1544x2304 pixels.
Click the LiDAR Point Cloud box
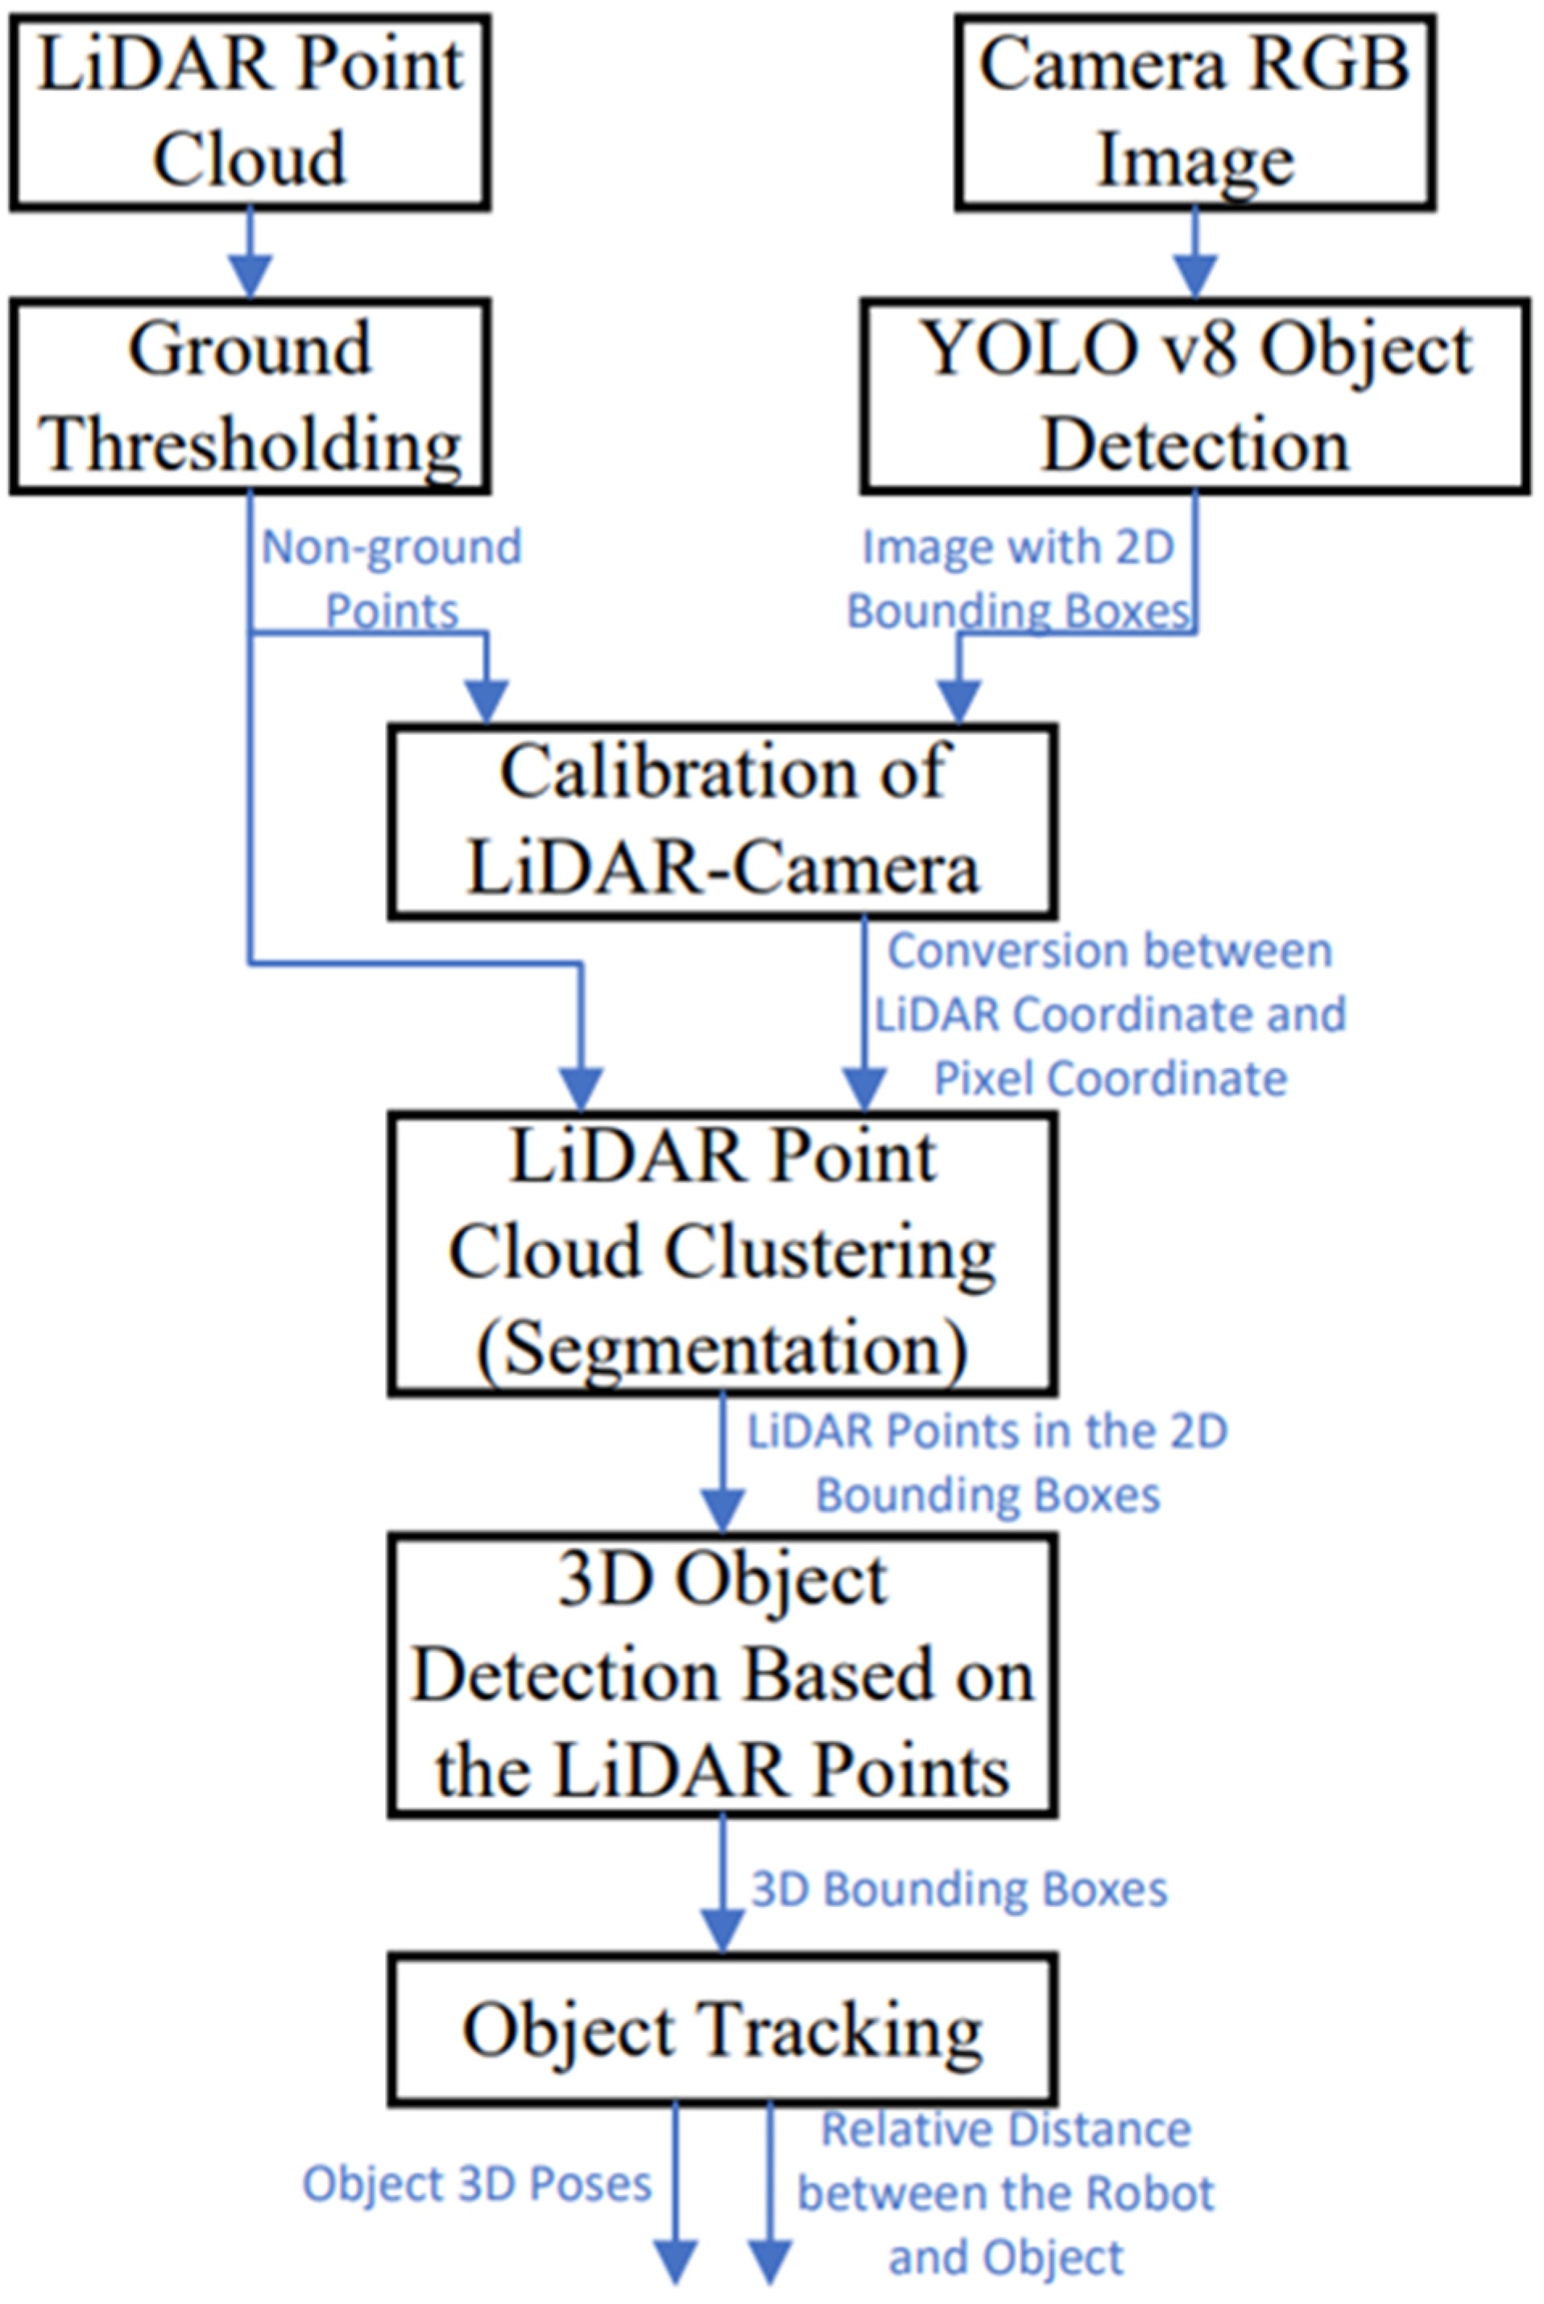click(250, 111)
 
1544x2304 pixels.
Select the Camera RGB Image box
click(1194, 111)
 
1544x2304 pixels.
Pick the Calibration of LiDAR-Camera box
click(722, 821)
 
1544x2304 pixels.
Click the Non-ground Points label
click(391, 579)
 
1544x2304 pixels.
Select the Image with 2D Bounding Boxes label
click(1019, 579)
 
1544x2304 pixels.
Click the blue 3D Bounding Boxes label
click(959, 1889)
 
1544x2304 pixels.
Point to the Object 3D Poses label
click(477, 2183)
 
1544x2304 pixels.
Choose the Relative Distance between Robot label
click(1006, 2193)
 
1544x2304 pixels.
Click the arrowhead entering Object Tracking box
click(722, 1931)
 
